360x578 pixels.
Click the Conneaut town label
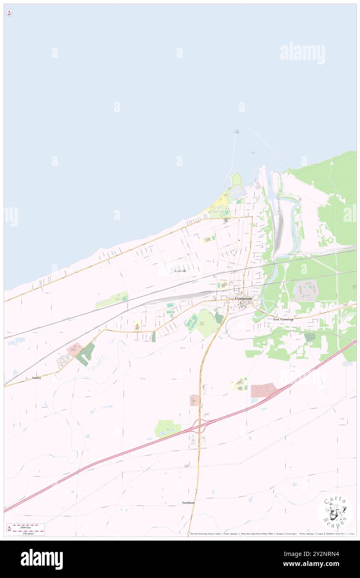point(243,298)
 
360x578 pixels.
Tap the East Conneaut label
point(283,319)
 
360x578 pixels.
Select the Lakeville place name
point(180,271)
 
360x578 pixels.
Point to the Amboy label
point(36,378)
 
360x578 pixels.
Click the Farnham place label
point(188,503)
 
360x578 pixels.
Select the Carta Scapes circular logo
point(335,512)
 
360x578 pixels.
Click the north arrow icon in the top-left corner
point(9,13)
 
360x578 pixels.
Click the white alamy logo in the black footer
point(42,559)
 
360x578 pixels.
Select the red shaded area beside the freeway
point(263,390)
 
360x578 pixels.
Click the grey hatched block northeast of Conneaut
point(306,290)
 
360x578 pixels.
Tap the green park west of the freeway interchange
point(168,429)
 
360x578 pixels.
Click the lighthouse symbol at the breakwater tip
point(237,131)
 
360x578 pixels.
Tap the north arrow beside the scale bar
point(9,529)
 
